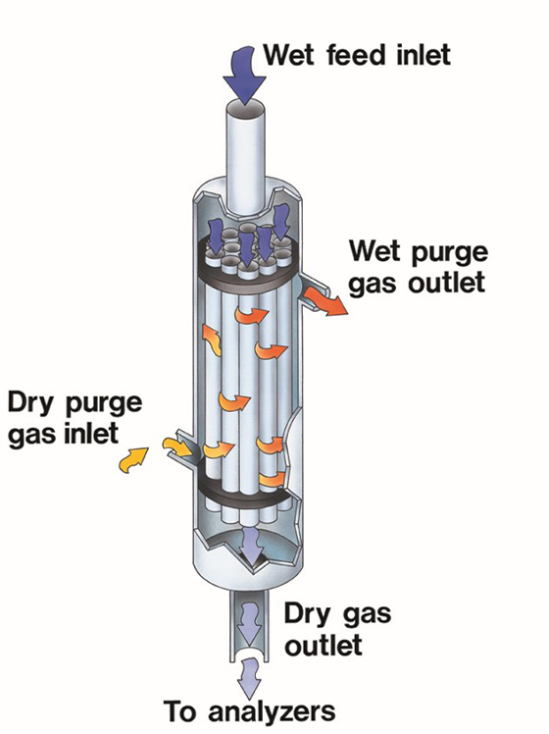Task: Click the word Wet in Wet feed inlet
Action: point(289,55)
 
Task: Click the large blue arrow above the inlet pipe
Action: point(244,75)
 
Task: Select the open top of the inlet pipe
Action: point(245,108)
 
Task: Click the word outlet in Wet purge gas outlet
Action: point(446,284)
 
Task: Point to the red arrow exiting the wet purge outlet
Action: point(325,301)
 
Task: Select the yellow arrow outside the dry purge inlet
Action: point(133,459)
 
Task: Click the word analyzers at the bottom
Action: point(272,712)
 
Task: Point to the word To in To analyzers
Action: point(181,711)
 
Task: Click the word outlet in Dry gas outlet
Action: point(324,645)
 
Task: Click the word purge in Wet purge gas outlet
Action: point(450,253)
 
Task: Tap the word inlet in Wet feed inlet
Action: point(423,55)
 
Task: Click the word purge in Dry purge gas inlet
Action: point(103,404)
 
